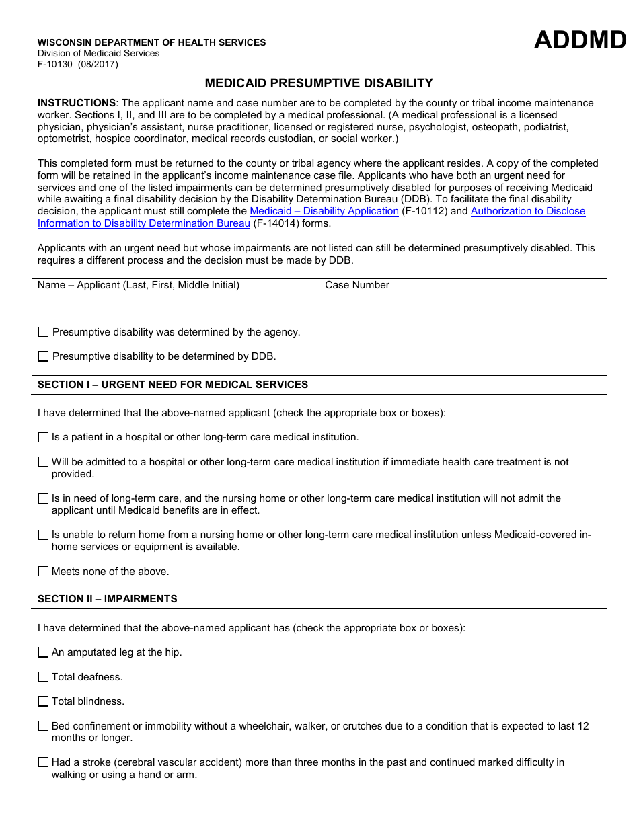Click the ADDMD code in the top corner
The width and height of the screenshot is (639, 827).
point(580,41)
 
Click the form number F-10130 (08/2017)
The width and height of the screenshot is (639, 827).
point(77,65)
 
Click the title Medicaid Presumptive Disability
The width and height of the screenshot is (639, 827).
point(319,83)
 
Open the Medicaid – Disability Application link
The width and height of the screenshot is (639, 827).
point(324,211)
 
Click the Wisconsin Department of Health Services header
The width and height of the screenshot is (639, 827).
point(151,42)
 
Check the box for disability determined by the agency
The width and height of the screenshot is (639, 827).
point(44,332)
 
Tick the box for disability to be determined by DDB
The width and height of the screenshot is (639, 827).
point(44,356)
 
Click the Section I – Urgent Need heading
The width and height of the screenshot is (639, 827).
point(173,385)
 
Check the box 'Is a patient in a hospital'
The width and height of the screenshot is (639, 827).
point(44,438)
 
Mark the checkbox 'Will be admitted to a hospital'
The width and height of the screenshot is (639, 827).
point(44,462)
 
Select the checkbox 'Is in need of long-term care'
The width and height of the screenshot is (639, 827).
point(44,498)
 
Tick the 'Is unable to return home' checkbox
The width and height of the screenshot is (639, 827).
point(44,535)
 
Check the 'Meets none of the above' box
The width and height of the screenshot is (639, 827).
point(44,572)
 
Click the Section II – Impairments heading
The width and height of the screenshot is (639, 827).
point(108,599)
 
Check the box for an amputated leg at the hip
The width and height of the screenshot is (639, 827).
point(44,652)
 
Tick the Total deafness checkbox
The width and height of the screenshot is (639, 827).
point(44,677)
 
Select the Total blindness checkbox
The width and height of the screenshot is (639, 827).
point(44,701)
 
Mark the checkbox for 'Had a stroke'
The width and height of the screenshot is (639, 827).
point(44,762)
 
